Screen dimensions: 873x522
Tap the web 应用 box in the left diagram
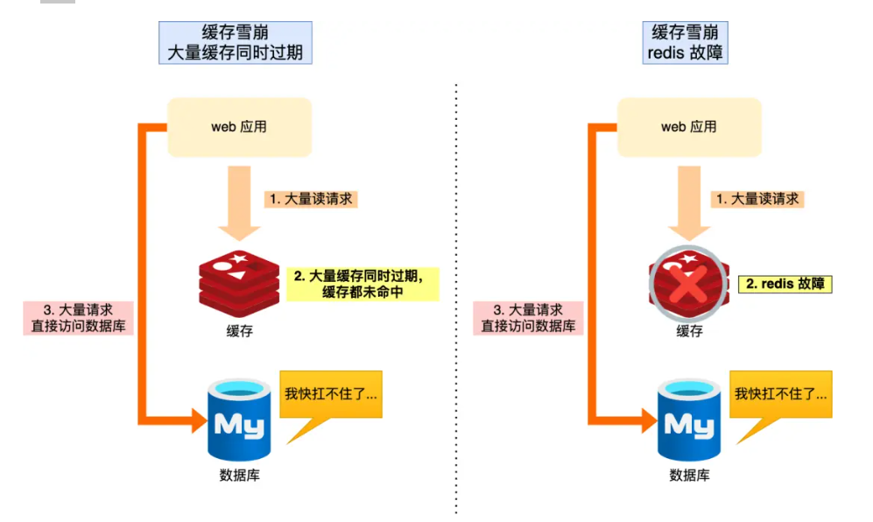pos(239,127)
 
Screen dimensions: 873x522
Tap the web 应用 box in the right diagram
pos(689,127)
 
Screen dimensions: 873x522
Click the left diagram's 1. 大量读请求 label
pos(311,199)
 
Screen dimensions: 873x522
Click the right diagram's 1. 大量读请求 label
pos(758,199)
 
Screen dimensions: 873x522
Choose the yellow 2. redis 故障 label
pos(785,284)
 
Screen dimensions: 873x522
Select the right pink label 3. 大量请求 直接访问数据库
pos(528,318)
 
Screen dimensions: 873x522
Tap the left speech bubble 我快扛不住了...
pos(331,395)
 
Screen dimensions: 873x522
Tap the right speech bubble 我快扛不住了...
pos(780,395)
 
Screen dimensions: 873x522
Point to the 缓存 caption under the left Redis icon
pos(239,332)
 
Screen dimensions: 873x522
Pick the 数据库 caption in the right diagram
pos(689,476)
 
